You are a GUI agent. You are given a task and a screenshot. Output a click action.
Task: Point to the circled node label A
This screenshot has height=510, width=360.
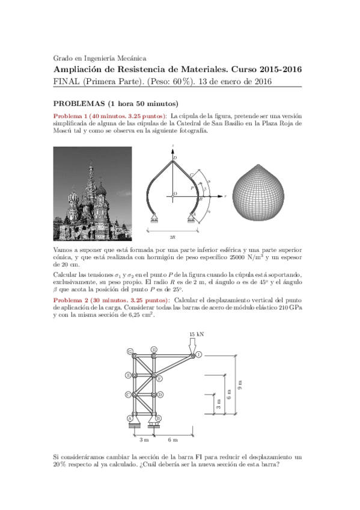(130, 418)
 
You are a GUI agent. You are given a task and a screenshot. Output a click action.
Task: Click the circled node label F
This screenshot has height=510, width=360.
(159, 379)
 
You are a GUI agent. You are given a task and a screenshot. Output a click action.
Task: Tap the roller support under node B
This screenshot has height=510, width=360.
(155, 425)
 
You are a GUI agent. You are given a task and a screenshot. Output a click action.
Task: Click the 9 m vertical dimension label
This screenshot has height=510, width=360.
(239, 385)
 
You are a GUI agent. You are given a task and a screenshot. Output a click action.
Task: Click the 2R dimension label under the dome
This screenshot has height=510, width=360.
(172, 237)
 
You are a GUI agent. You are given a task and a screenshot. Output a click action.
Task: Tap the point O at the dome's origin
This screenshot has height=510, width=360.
(174, 194)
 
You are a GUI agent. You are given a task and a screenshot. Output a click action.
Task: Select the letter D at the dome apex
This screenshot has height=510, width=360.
(175, 158)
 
